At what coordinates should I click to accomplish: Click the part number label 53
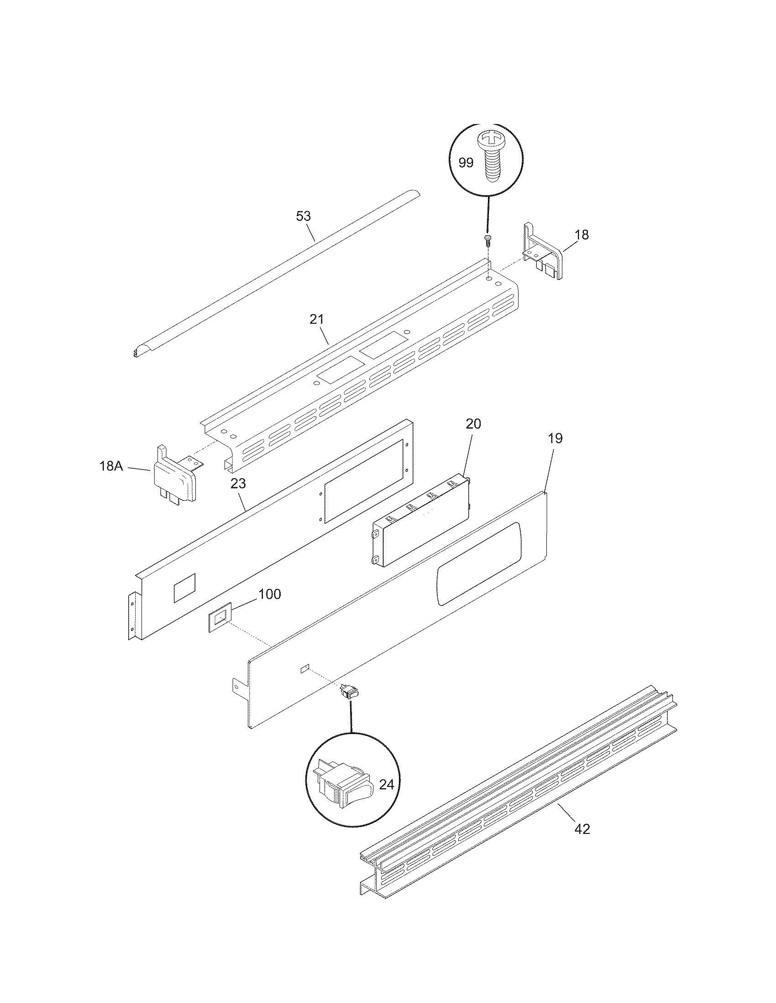304,216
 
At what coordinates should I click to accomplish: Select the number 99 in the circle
466,163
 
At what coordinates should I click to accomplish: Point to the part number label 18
582,235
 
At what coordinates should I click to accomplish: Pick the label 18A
111,466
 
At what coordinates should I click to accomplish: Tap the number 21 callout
316,319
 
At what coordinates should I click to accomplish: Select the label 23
239,483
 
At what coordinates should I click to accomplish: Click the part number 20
473,424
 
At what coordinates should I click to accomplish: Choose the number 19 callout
556,438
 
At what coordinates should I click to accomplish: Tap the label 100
269,594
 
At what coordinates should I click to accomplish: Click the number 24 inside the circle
387,785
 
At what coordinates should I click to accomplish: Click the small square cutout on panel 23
184,588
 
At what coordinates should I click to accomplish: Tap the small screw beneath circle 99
488,238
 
